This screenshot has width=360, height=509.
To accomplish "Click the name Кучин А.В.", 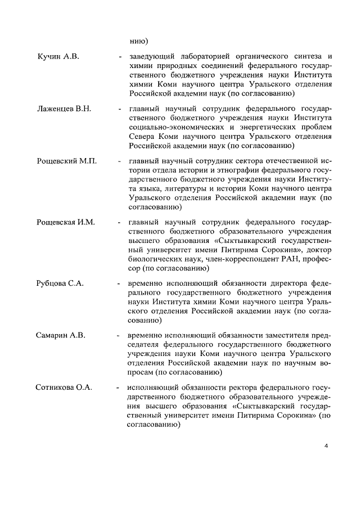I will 58,57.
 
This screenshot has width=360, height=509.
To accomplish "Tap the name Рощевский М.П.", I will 67,161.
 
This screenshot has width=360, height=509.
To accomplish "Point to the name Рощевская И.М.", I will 66,223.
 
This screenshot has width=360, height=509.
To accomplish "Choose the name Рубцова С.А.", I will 60,284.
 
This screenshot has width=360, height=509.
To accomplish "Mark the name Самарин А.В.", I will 61,336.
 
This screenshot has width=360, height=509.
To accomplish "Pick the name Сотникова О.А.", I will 64,388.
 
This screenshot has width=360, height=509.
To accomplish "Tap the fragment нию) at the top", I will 138,40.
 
